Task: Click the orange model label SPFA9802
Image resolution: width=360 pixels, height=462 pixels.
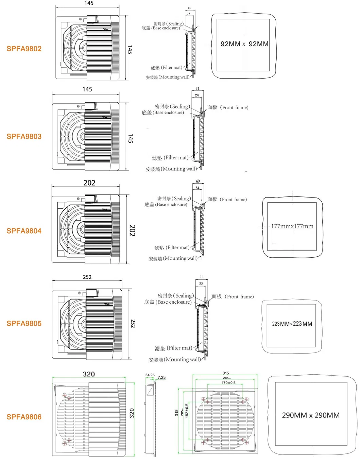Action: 24,49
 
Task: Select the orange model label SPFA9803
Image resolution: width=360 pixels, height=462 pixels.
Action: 24,136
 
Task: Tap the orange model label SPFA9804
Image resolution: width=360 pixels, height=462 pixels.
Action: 24,231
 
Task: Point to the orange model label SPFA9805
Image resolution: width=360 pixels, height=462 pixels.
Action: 24,323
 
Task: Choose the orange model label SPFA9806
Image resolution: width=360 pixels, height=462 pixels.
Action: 24,417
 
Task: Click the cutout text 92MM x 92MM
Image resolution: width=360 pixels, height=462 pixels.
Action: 244,44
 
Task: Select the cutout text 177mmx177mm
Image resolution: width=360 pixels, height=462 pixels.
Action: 292,226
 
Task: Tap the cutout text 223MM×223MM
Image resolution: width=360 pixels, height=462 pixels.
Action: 292,324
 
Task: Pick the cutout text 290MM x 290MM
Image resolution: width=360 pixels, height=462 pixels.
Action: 311,415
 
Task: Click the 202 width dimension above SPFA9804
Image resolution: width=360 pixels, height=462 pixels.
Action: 89,183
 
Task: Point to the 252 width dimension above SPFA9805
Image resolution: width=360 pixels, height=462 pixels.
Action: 87,277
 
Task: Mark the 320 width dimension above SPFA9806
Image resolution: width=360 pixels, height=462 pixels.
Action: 89,374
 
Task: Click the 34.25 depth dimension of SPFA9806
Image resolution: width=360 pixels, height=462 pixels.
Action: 150,375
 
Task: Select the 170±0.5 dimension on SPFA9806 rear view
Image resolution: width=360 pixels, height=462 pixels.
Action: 228,383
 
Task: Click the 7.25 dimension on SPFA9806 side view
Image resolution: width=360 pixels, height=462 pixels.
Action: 161,377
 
